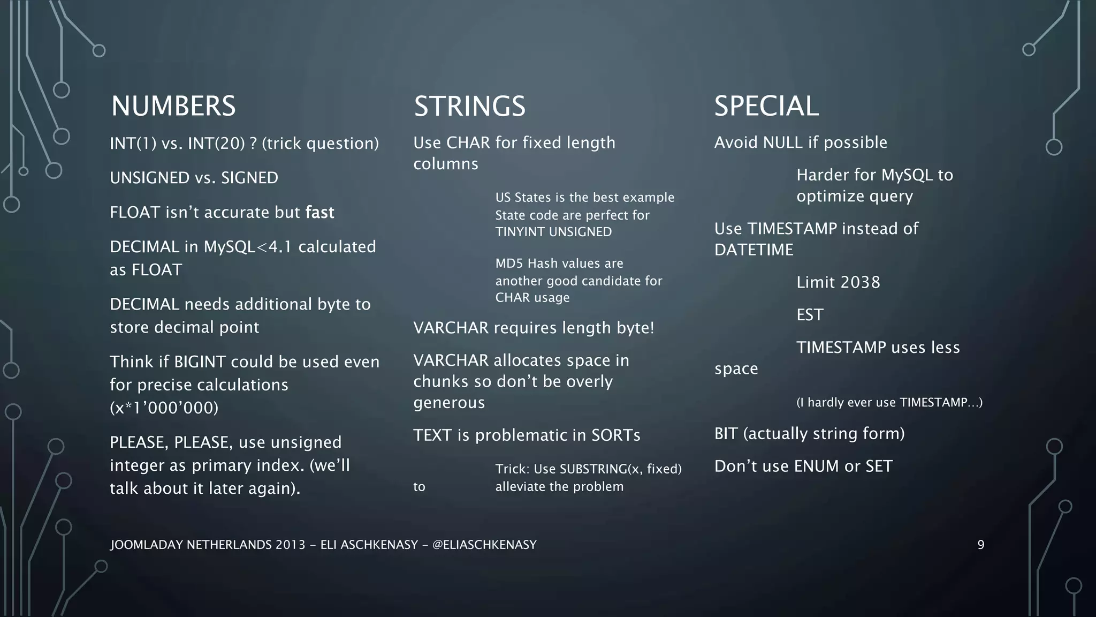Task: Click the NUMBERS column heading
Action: tap(173, 106)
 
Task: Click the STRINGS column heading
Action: tap(469, 106)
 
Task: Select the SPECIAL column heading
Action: tap(766, 106)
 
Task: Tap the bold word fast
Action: tap(319, 213)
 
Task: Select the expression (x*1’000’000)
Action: tap(164, 408)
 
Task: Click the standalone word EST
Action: tap(810, 315)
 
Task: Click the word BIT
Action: tap(726, 434)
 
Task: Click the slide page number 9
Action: tap(980, 545)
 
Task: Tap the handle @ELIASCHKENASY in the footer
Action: tap(484, 545)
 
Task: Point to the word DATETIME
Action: tap(753, 250)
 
